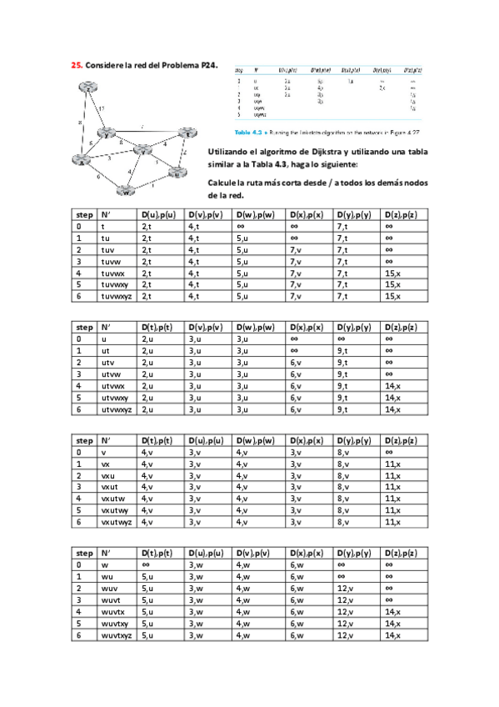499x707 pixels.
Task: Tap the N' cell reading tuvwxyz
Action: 117,296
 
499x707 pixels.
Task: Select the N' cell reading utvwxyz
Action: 117,409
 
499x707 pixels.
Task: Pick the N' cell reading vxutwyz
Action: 117,522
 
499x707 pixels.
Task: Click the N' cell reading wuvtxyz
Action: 117,635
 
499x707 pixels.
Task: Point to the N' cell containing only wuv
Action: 108,589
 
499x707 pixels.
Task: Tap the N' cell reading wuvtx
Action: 112,612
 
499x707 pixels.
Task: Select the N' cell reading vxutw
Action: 112,499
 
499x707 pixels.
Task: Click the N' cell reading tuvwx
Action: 112,273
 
